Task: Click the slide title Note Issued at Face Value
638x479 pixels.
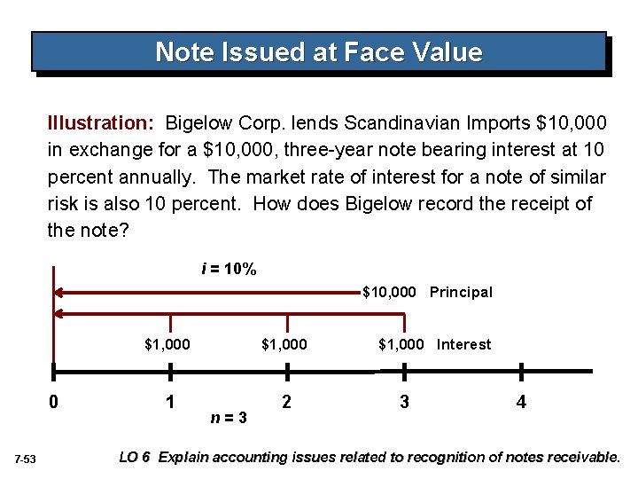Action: pyautogui.click(x=319, y=52)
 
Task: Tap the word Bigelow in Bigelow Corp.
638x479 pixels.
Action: pyautogui.click(x=204, y=121)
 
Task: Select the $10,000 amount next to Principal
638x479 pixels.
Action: pyautogui.click(x=389, y=292)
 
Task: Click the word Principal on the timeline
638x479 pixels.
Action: pyautogui.click(x=461, y=292)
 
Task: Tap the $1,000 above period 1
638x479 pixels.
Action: pyautogui.click(x=167, y=344)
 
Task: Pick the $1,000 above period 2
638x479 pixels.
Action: pyautogui.click(x=284, y=344)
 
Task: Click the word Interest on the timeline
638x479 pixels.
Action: pyautogui.click(x=463, y=344)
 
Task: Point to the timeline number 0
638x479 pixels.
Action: pyautogui.click(x=54, y=402)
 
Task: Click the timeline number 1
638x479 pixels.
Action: pyautogui.click(x=169, y=402)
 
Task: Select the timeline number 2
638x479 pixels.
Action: pyautogui.click(x=285, y=402)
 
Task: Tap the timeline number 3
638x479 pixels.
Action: pyautogui.click(x=404, y=402)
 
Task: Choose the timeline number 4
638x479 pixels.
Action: pyautogui.click(x=521, y=402)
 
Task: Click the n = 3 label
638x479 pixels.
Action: pyautogui.click(x=229, y=416)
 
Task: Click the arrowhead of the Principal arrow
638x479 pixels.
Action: pyautogui.click(x=59, y=291)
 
